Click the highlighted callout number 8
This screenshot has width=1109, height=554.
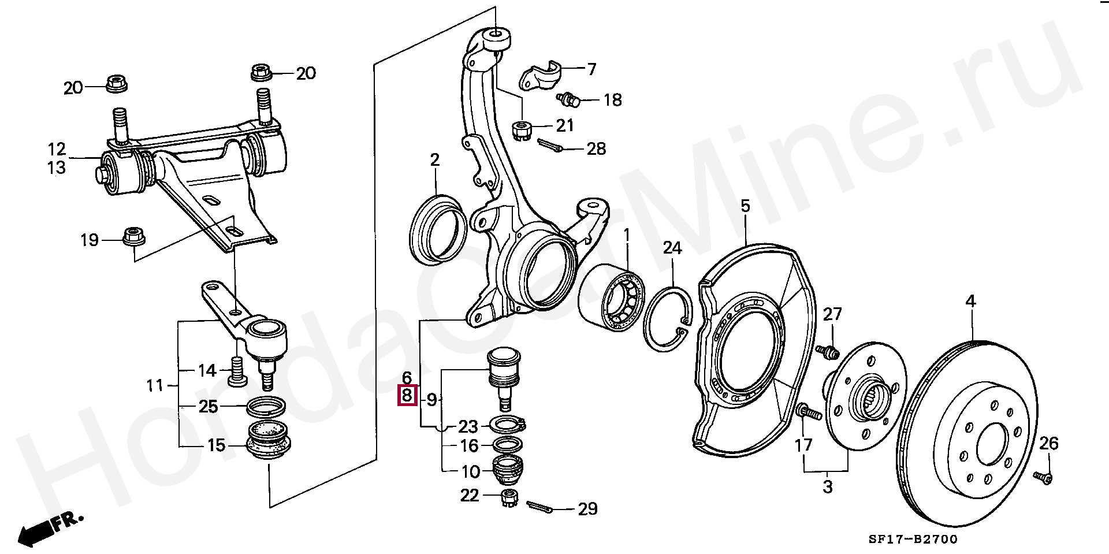click(407, 396)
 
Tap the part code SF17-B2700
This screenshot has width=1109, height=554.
click(913, 539)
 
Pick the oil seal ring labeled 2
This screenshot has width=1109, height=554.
click(437, 230)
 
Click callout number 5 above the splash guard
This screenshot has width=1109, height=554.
click(745, 206)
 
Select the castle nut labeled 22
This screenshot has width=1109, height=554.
click(509, 497)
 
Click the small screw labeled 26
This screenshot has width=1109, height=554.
click(1043, 477)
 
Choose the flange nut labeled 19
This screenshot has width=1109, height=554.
click(135, 236)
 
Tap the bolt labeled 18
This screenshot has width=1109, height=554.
click(569, 100)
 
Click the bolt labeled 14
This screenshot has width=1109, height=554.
click(237, 370)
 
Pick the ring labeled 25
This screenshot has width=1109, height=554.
click(266, 407)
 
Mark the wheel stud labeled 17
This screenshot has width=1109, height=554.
click(809, 412)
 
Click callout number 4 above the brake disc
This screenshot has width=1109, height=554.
click(970, 301)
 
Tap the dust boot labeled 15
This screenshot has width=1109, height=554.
click(268, 441)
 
